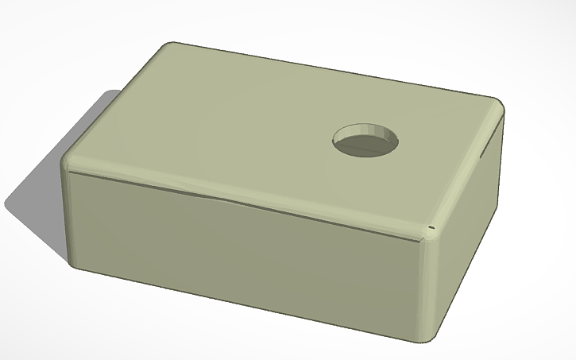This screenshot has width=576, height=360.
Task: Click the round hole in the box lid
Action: click(x=365, y=141)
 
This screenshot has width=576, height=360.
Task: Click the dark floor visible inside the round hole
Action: click(x=361, y=147)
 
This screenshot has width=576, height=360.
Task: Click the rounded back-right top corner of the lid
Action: click(x=497, y=107)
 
